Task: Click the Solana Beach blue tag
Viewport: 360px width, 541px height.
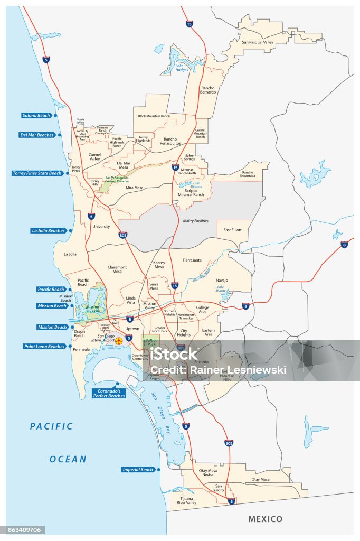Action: click(36, 115)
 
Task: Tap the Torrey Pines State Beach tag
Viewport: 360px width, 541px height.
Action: click(37, 173)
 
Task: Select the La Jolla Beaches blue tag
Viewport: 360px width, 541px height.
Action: click(49, 231)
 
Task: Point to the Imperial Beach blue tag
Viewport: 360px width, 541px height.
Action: click(138, 469)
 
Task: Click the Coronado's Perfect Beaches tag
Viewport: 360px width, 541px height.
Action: click(109, 393)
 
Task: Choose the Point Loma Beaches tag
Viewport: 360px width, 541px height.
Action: click(44, 347)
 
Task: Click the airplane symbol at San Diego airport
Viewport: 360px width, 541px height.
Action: click(119, 341)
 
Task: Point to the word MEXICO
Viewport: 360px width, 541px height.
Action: click(265, 519)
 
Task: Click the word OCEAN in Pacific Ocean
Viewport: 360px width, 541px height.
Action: click(68, 459)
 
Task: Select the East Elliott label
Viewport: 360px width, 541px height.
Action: click(232, 230)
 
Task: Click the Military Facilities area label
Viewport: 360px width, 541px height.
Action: click(195, 221)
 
